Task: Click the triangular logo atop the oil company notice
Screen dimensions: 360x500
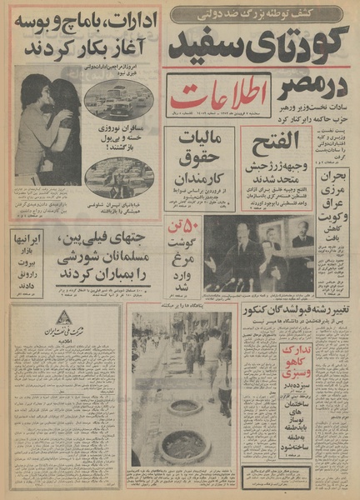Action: click(87, 320)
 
